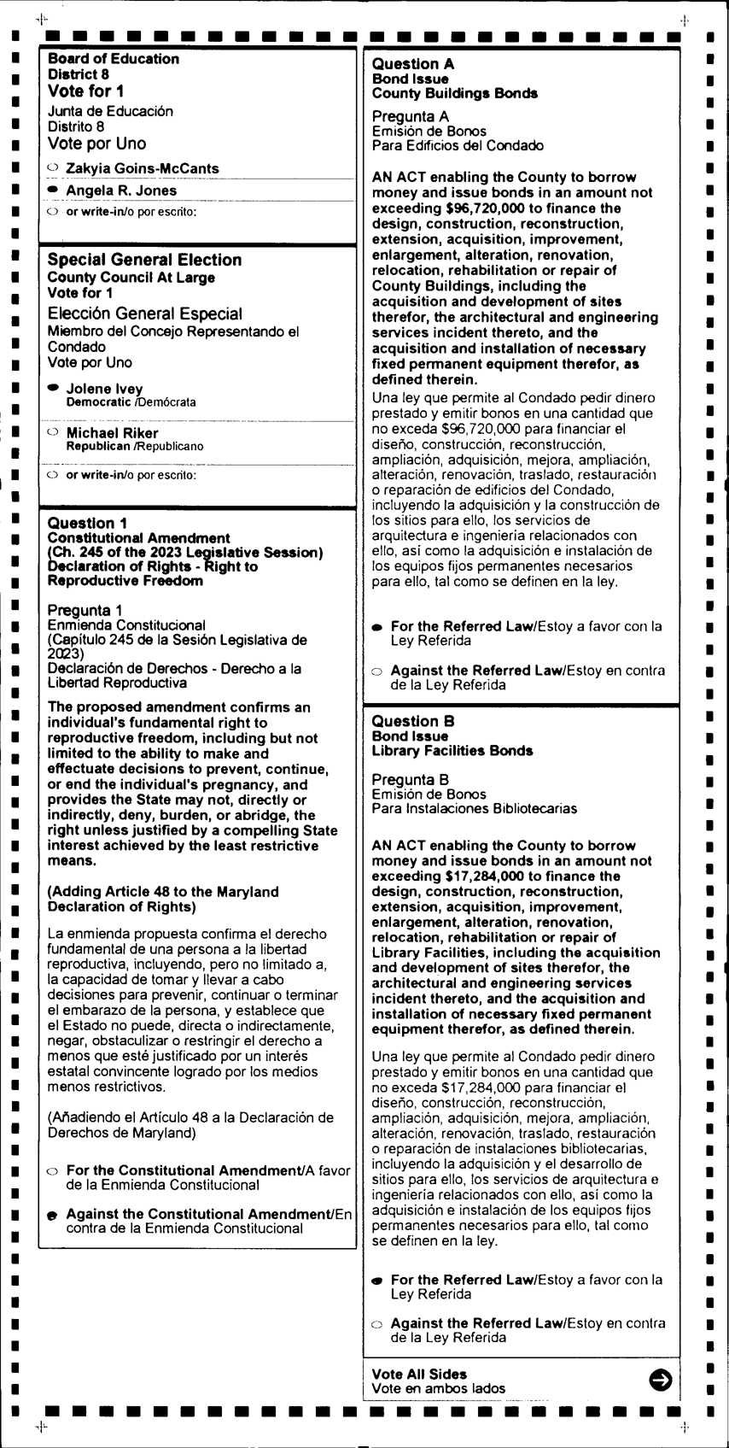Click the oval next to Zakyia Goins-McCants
pyautogui.click(x=53, y=167)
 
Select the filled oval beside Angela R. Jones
pyautogui.click(x=53, y=189)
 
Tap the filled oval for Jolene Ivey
pyautogui.click(x=53, y=387)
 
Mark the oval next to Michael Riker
pyautogui.click(x=53, y=431)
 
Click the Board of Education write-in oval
pyautogui.click(x=53, y=211)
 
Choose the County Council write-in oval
pyautogui.click(x=53, y=474)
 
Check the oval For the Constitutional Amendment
pyautogui.click(x=53, y=1171)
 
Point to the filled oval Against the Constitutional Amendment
pyautogui.click(x=53, y=1215)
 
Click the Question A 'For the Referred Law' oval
pyautogui.click(x=377, y=627)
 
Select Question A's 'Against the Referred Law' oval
pyautogui.click(x=377, y=671)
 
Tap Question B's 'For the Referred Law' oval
pyautogui.click(x=377, y=1281)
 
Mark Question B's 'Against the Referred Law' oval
pyautogui.click(x=377, y=1324)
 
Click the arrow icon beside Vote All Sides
pyautogui.click(x=660, y=1380)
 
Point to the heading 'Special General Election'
pyautogui.click(x=144, y=260)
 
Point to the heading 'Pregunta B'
pyautogui.click(x=410, y=779)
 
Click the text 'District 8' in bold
pyautogui.click(x=79, y=74)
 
